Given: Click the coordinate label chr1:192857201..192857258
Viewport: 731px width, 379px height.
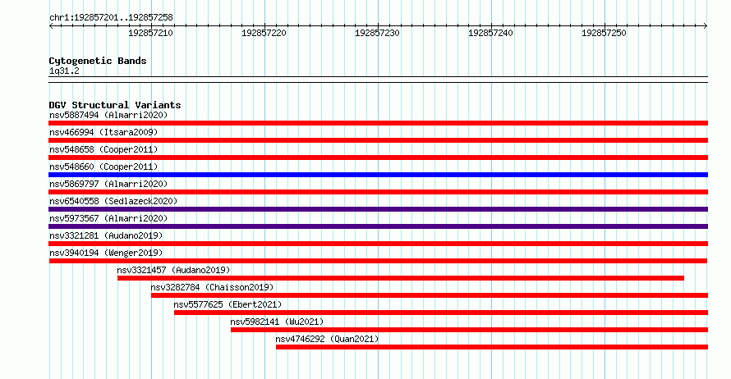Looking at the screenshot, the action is click(x=111, y=17).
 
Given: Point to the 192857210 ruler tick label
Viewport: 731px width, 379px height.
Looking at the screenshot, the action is click(x=150, y=33).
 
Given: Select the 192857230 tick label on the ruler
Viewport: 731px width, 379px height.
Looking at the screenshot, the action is click(x=377, y=33).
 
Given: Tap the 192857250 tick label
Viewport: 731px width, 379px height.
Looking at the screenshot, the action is click(x=604, y=33).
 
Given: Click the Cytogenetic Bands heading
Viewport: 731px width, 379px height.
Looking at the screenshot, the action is click(x=98, y=61).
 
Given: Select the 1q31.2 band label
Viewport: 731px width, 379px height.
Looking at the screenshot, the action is click(x=64, y=71).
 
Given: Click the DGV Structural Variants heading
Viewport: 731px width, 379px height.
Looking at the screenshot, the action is click(x=115, y=105).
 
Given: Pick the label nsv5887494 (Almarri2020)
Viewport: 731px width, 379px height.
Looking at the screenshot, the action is click(x=108, y=115).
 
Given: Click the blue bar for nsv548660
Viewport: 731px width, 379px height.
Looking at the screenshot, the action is click(x=378, y=175).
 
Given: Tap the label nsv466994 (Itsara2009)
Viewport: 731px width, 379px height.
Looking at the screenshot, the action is click(x=103, y=132).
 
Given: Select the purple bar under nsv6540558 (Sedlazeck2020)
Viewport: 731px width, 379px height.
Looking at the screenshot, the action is click(x=378, y=209).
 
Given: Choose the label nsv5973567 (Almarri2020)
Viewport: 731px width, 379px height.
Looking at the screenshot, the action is click(x=108, y=218).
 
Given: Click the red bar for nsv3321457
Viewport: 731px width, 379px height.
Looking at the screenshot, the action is click(x=401, y=278).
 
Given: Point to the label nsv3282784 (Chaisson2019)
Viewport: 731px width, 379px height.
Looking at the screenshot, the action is click(x=212, y=287).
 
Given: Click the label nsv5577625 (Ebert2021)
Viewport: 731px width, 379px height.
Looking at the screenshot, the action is click(x=228, y=304).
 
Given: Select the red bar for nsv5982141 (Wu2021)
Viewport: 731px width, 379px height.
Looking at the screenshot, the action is click(x=469, y=330).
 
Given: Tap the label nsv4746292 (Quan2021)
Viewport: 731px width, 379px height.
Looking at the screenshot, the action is click(x=327, y=339).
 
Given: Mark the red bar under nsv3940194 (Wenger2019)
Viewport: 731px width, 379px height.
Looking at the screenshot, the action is click(x=378, y=261).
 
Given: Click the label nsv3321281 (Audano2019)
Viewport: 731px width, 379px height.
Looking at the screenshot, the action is click(x=106, y=235).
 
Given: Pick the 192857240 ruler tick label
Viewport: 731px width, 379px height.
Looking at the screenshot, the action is click(x=490, y=33).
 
